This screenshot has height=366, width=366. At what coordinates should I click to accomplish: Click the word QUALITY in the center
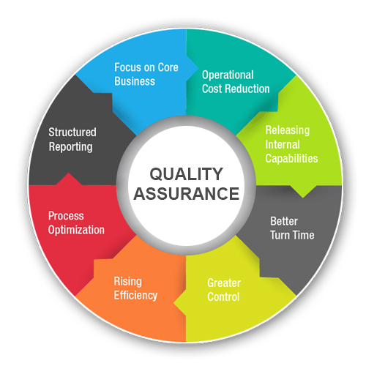[x=186, y=174]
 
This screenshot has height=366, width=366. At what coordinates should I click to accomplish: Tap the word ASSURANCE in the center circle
[x=187, y=194]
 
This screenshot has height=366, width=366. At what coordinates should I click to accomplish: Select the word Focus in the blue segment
[x=127, y=67]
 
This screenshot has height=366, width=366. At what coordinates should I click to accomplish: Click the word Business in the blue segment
[x=135, y=81]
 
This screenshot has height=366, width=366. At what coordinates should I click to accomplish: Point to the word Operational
[x=228, y=75]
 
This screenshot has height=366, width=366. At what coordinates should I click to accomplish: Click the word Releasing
[x=288, y=130]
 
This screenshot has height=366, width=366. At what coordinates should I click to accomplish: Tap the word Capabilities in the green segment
[x=291, y=159]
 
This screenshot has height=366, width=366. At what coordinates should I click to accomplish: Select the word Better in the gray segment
[x=284, y=221]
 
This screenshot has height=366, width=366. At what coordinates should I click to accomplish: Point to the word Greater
[x=224, y=283]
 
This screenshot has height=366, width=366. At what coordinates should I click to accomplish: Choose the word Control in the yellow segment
[x=223, y=297]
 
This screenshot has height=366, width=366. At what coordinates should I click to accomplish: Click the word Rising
[x=128, y=282]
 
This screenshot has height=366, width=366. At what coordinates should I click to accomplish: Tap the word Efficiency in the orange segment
[x=135, y=296]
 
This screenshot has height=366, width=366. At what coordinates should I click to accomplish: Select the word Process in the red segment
[x=66, y=216]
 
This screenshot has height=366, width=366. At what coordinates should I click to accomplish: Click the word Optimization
[x=76, y=230]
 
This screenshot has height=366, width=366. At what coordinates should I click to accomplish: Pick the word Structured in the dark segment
[x=72, y=132]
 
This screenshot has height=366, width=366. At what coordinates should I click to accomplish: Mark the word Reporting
[x=71, y=147]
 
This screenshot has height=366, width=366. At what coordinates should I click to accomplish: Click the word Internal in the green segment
[x=283, y=144]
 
